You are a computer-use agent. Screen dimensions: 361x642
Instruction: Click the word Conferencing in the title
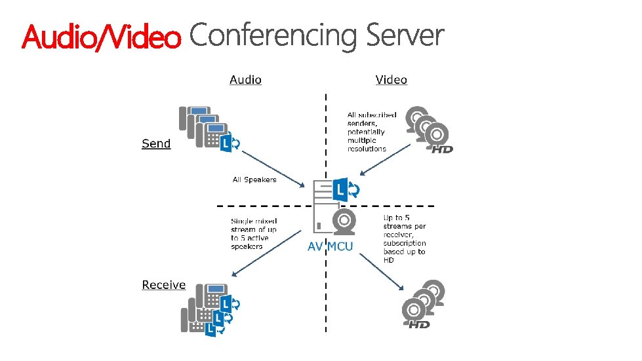tap(273, 35)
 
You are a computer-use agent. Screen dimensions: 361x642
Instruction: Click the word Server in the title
tap(405, 35)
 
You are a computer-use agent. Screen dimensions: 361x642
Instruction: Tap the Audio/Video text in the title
tap(101, 38)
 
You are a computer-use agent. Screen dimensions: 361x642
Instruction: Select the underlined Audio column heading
tap(245, 80)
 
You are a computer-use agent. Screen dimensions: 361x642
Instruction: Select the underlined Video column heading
tap(391, 80)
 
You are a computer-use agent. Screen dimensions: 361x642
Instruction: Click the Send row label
tap(156, 143)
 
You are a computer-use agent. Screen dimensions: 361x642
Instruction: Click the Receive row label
tap(164, 285)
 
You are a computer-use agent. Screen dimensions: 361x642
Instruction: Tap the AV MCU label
tap(331, 246)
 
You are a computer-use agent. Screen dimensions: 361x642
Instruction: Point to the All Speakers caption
tap(254, 180)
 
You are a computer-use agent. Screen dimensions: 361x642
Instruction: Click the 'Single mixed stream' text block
tap(254, 234)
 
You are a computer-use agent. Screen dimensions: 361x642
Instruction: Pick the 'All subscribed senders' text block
tap(372, 132)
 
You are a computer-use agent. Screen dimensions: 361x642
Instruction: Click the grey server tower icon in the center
tap(323, 207)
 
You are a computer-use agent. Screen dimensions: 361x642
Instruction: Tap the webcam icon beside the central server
tap(344, 221)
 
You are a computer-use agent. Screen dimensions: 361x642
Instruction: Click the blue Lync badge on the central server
tap(345, 190)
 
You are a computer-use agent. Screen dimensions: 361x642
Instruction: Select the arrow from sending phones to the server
tap(273, 168)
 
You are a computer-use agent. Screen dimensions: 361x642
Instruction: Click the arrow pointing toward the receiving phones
tap(266, 253)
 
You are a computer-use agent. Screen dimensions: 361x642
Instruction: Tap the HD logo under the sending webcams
tap(443, 149)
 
